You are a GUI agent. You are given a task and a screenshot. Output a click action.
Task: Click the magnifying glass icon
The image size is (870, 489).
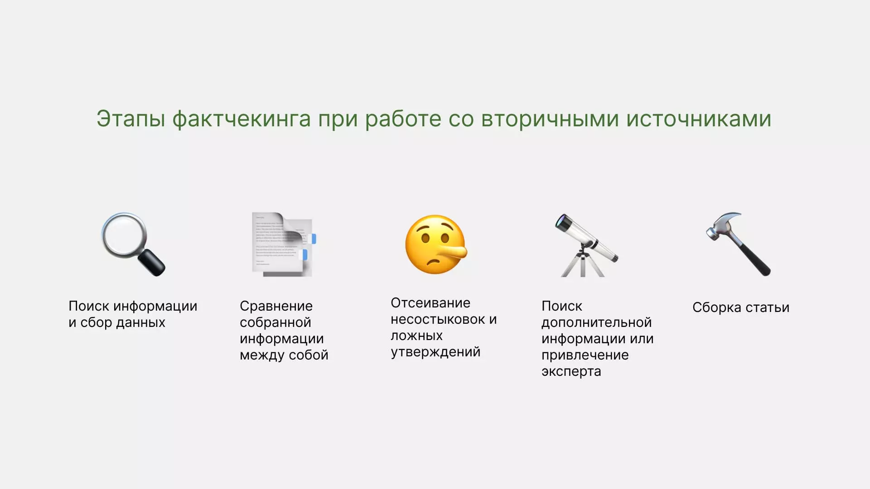click(x=133, y=244)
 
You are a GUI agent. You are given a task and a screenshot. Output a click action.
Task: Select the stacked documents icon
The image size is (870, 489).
click(x=283, y=244)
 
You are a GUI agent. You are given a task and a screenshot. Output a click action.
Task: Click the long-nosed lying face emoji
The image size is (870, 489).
click(x=435, y=244)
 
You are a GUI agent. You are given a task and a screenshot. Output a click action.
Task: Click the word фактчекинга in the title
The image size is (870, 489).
click(x=242, y=119)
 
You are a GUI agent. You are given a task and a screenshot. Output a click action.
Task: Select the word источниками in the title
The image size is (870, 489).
click(x=699, y=119)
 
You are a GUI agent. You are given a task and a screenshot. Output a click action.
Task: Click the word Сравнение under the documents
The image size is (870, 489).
click(x=276, y=306)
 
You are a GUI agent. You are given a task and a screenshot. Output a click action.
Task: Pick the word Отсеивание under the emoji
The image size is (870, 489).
click(x=430, y=303)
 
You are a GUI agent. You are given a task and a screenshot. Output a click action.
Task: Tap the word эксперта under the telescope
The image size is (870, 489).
click(x=571, y=372)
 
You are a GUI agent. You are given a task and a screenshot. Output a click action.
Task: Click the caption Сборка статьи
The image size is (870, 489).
click(x=741, y=307)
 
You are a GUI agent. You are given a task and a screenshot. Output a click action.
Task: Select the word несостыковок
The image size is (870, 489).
click(x=438, y=320)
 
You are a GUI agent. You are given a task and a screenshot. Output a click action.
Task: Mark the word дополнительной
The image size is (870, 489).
click(x=596, y=323)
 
